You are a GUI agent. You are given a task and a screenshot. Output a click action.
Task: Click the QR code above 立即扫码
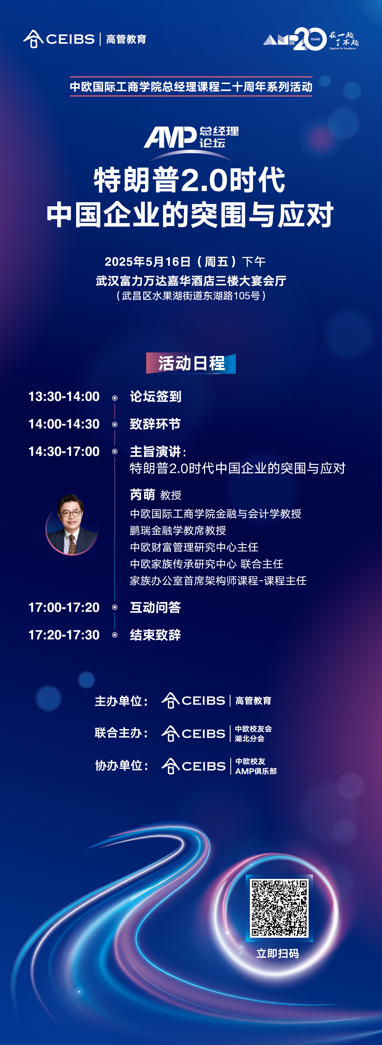[x=279, y=908]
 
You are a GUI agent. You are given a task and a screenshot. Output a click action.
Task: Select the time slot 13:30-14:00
[x=64, y=396]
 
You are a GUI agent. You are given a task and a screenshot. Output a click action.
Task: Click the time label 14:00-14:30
[x=64, y=424]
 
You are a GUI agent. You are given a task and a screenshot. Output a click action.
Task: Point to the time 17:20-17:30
[x=64, y=635]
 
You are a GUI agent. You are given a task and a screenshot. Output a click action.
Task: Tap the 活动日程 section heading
[x=191, y=363]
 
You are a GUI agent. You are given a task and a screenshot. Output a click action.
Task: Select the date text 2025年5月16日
[x=148, y=262]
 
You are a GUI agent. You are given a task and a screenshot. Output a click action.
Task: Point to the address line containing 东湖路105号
[x=191, y=296]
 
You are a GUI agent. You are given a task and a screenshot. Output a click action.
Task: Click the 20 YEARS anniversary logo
[x=311, y=39]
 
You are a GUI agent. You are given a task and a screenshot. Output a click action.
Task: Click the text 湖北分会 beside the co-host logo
[x=250, y=738]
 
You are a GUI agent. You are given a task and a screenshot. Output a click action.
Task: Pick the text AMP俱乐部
[x=256, y=771]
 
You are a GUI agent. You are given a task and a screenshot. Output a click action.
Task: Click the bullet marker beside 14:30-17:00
[x=115, y=452]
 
